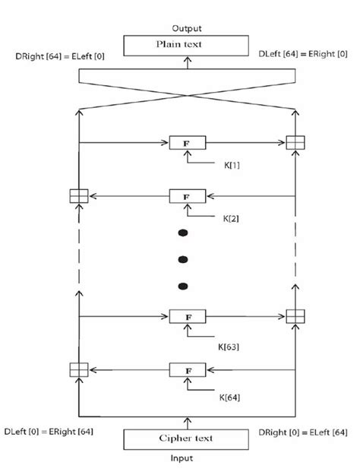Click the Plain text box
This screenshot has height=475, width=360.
(x=185, y=45)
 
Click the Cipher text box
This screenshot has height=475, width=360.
(x=185, y=439)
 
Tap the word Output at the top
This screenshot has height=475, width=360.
(x=186, y=28)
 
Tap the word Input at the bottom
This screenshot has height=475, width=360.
(x=184, y=459)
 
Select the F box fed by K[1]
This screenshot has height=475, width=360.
(x=186, y=142)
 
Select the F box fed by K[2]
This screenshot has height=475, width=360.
(x=186, y=197)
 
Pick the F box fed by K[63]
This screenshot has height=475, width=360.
(x=186, y=316)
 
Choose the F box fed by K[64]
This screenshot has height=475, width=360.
(x=186, y=370)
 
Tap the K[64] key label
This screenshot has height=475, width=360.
(x=230, y=397)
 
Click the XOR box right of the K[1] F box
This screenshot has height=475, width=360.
(x=295, y=142)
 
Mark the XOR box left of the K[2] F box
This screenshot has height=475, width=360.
(x=78, y=197)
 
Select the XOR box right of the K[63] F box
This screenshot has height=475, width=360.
(x=295, y=316)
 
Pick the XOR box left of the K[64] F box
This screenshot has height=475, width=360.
(x=78, y=370)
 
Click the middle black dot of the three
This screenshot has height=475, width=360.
(x=182, y=259)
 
